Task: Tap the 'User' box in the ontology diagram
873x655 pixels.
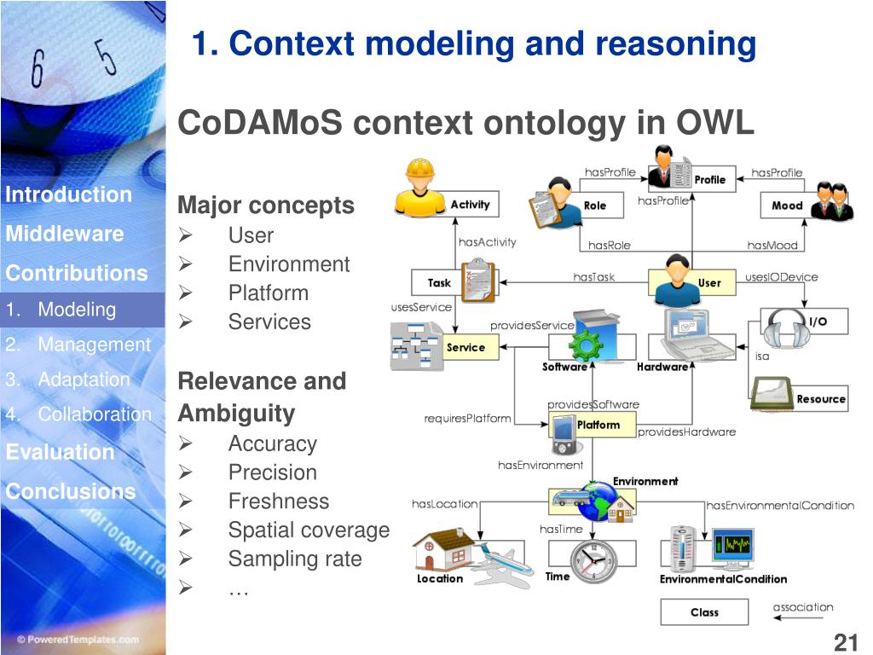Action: click(708, 282)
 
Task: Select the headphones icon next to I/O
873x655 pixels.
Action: click(782, 325)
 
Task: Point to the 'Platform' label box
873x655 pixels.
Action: click(598, 425)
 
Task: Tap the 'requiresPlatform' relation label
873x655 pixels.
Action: click(467, 419)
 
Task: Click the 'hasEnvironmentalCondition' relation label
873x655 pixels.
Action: click(779, 506)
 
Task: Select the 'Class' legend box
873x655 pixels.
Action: click(704, 612)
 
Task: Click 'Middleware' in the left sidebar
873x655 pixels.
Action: click(65, 234)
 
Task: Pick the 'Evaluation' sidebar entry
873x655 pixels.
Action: click(60, 451)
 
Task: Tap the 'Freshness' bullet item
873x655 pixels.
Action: click(278, 501)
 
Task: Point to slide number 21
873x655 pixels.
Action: click(844, 642)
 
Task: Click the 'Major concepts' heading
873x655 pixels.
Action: click(265, 206)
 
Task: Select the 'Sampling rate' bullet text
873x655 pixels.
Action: click(295, 559)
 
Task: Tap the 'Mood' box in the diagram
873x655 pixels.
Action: click(786, 205)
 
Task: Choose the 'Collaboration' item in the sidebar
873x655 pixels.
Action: click(94, 414)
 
